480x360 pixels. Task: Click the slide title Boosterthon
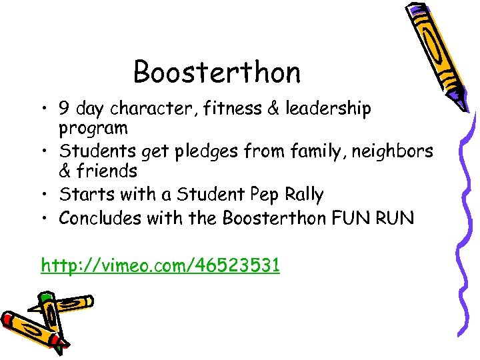pyautogui.click(x=217, y=72)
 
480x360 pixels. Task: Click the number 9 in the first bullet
pyautogui.click(x=65, y=109)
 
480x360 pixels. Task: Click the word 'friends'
pyautogui.click(x=107, y=171)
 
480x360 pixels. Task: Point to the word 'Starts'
pyautogui.click(x=83, y=195)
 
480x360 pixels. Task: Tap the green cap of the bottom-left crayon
pyautogui.click(x=45, y=299)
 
